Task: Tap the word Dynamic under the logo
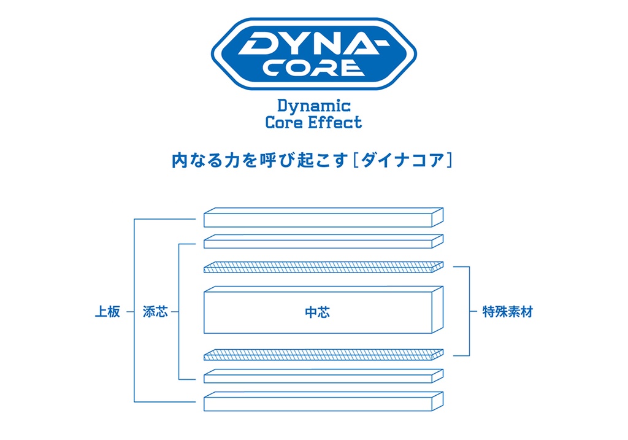(x=313, y=106)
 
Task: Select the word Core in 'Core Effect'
(x=284, y=122)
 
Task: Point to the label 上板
(x=107, y=312)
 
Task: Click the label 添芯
(x=155, y=312)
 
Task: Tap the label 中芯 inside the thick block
(x=317, y=312)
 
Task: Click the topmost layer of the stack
(x=323, y=217)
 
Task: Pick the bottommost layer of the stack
(x=323, y=401)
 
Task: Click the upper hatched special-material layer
(x=323, y=268)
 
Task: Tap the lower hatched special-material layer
(x=323, y=355)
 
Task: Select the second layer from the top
(x=323, y=241)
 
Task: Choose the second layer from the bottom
(x=323, y=376)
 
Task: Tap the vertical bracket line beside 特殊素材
(x=469, y=311)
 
